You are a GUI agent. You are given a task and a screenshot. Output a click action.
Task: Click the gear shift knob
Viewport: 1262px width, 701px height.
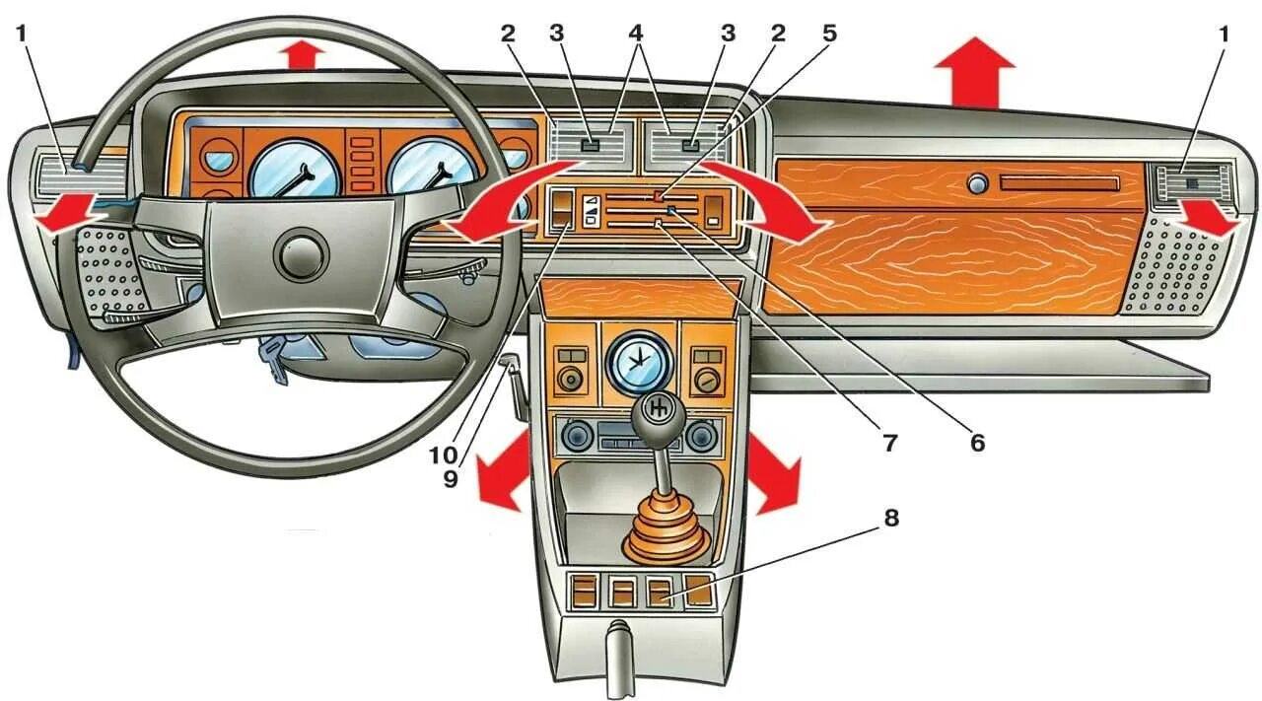(x=658, y=408)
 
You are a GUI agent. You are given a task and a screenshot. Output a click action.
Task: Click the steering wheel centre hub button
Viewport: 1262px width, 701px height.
(x=301, y=255)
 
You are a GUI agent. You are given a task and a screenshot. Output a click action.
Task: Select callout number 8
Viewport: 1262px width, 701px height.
(x=890, y=520)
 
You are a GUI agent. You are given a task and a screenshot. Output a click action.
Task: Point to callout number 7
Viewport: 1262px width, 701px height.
(x=889, y=443)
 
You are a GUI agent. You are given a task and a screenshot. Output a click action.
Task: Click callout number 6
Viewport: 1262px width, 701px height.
(x=976, y=443)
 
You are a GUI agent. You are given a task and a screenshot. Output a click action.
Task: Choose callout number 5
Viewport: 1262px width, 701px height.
(x=828, y=34)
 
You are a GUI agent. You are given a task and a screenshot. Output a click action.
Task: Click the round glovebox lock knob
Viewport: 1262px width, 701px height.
(x=977, y=184)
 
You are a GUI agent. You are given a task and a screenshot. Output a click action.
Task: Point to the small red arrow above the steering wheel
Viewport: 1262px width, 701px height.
(x=303, y=55)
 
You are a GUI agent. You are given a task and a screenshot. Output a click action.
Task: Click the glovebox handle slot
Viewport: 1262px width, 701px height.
(x=1059, y=184)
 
